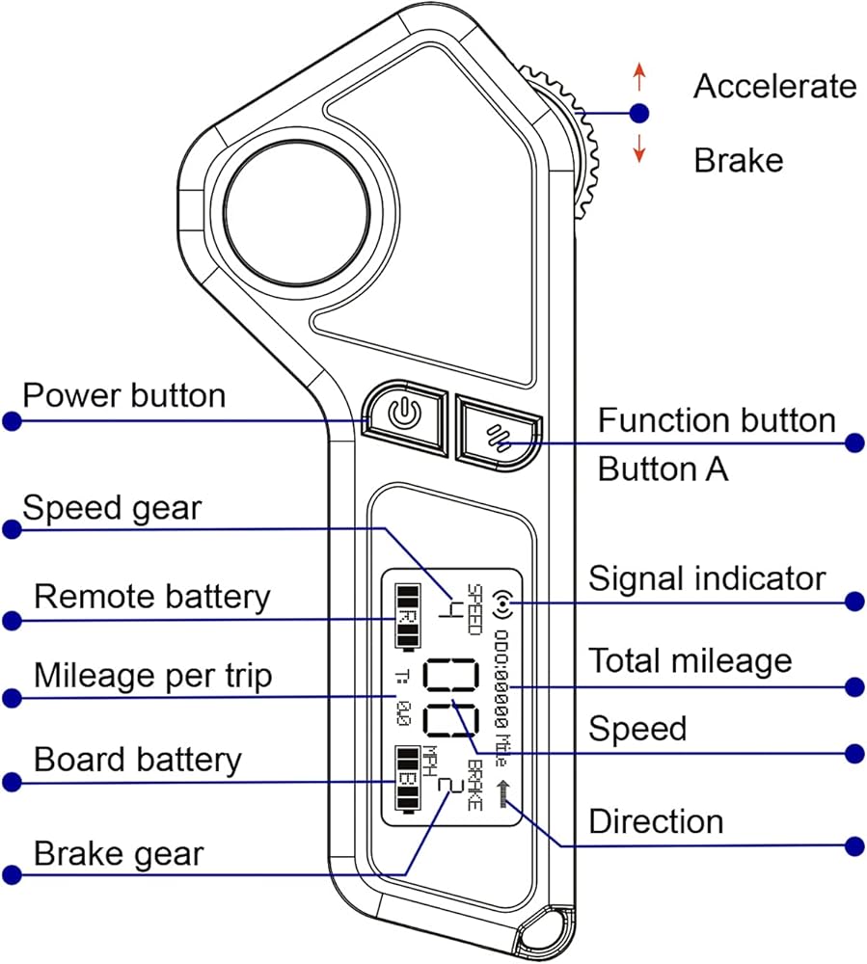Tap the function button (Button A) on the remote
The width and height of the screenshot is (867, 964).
[498, 433]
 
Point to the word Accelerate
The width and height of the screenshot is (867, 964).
[774, 86]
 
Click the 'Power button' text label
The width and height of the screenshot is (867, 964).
[123, 395]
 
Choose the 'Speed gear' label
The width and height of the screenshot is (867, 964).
[112, 507]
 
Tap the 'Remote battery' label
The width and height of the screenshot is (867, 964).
[151, 597]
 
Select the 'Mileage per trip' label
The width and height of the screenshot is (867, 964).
[152, 676]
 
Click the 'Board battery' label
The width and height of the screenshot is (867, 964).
[137, 760]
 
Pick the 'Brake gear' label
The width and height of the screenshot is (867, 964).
[119, 853]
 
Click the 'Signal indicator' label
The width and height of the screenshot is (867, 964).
[707, 578]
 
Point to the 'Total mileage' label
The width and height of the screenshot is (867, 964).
[690, 660]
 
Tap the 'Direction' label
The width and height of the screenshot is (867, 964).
[656, 822]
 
